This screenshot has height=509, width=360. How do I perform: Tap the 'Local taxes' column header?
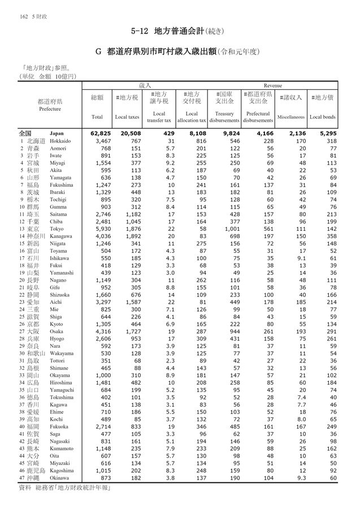coord(127,117)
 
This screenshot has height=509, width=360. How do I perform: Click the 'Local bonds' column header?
coord(323,117)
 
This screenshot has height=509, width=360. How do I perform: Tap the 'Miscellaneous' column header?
coord(290,117)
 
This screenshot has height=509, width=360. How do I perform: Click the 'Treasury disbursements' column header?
coord(224,117)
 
